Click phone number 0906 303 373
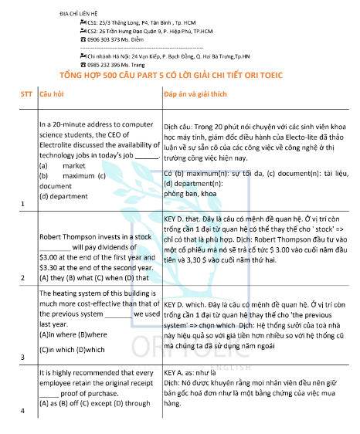(106, 39)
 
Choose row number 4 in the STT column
(22, 409)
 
